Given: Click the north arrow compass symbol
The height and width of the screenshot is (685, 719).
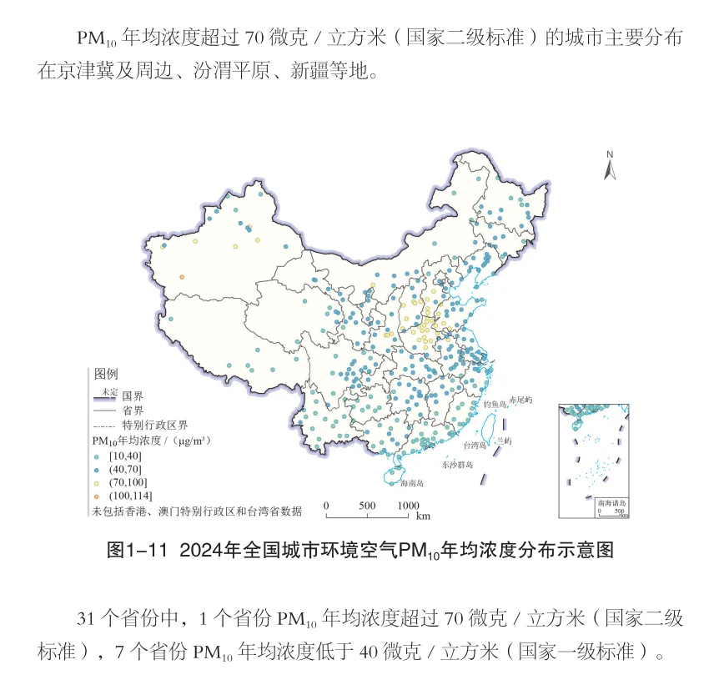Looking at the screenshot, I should pyautogui.click(x=610, y=166).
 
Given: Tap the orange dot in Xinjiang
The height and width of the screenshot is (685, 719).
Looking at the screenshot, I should pyautogui.click(x=182, y=278).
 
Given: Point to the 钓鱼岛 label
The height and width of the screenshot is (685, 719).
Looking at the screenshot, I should pyautogui.click(x=495, y=405).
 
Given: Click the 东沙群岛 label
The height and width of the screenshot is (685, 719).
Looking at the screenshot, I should pyautogui.click(x=457, y=465).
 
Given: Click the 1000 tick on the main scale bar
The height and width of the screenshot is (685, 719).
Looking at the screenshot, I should pyautogui.click(x=408, y=506).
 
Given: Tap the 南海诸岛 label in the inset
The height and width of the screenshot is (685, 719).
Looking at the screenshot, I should pyautogui.click(x=611, y=504).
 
